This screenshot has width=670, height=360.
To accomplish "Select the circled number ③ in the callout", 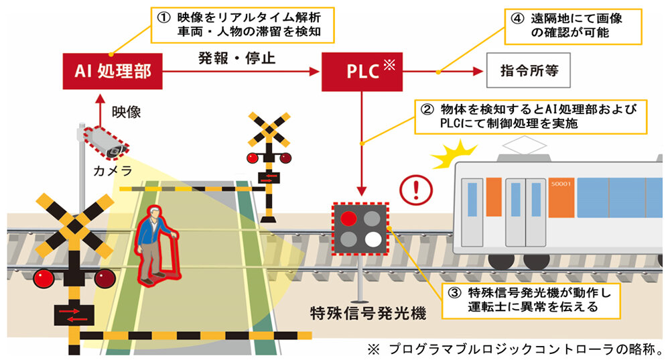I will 452,292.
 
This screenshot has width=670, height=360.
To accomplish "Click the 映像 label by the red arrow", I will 126,111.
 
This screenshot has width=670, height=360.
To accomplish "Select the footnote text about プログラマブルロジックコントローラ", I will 516,349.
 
